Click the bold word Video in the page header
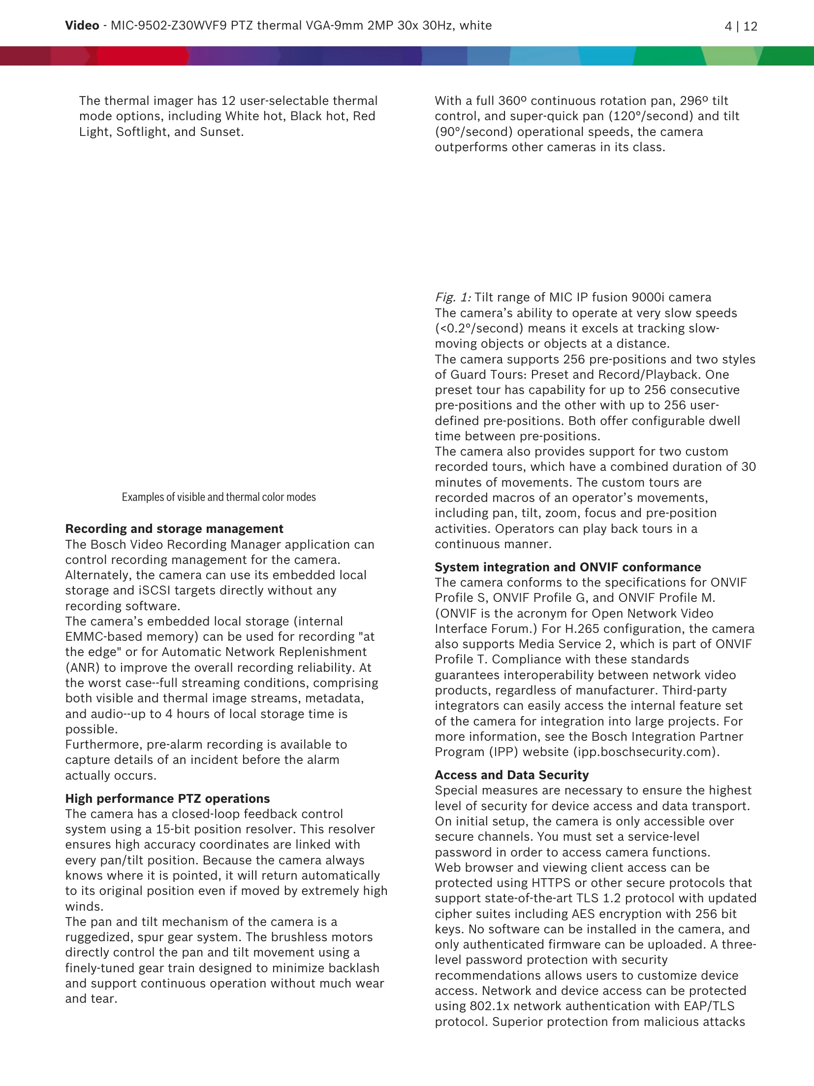coord(82,26)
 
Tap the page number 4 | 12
coord(741,26)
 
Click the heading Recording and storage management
coord(174,528)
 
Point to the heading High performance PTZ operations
coord(167,798)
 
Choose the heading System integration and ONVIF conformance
coord(567,567)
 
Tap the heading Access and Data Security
coord(511,775)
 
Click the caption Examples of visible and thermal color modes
coord(219,497)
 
